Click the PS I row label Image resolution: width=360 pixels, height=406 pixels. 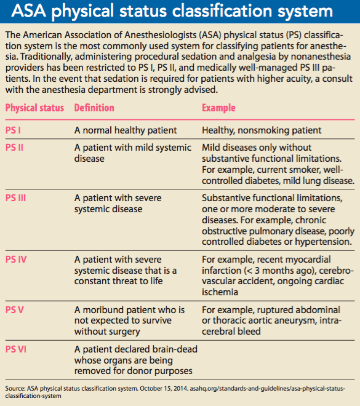tap(14, 130)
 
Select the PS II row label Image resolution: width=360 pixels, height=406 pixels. tap(15, 148)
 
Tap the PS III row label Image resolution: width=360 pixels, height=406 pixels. tap(16, 198)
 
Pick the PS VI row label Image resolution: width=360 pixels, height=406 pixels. tap(16, 349)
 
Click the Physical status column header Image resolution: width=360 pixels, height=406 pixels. tap(34, 108)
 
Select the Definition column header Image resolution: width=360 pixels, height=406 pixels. tap(94, 108)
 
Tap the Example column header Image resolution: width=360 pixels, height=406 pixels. tap(218, 108)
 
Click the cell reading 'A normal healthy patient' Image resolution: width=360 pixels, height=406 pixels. tap(126, 130)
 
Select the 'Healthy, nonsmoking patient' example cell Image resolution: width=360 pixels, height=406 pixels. tap(262, 130)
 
